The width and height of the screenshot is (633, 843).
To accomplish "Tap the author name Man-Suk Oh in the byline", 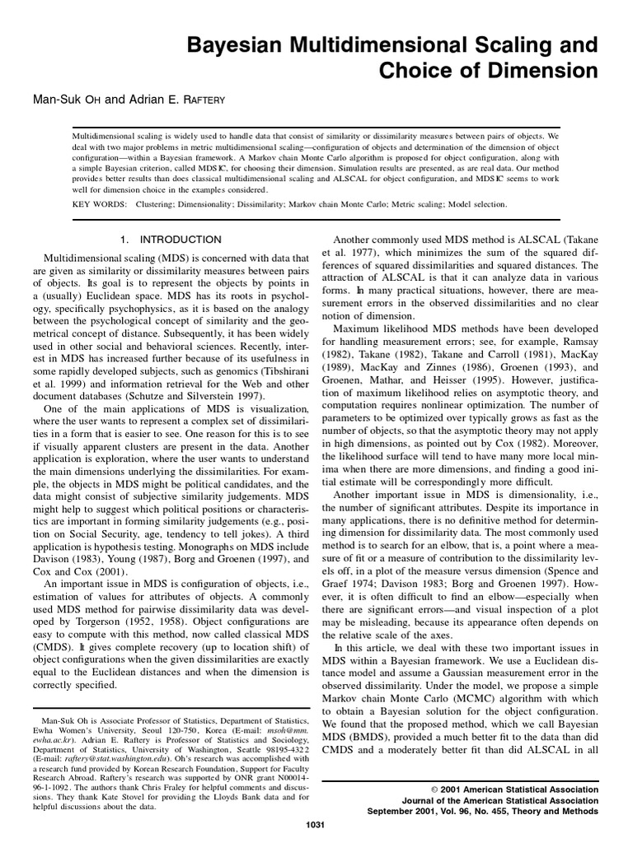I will (68, 100).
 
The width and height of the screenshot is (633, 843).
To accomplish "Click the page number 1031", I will (316, 826).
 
